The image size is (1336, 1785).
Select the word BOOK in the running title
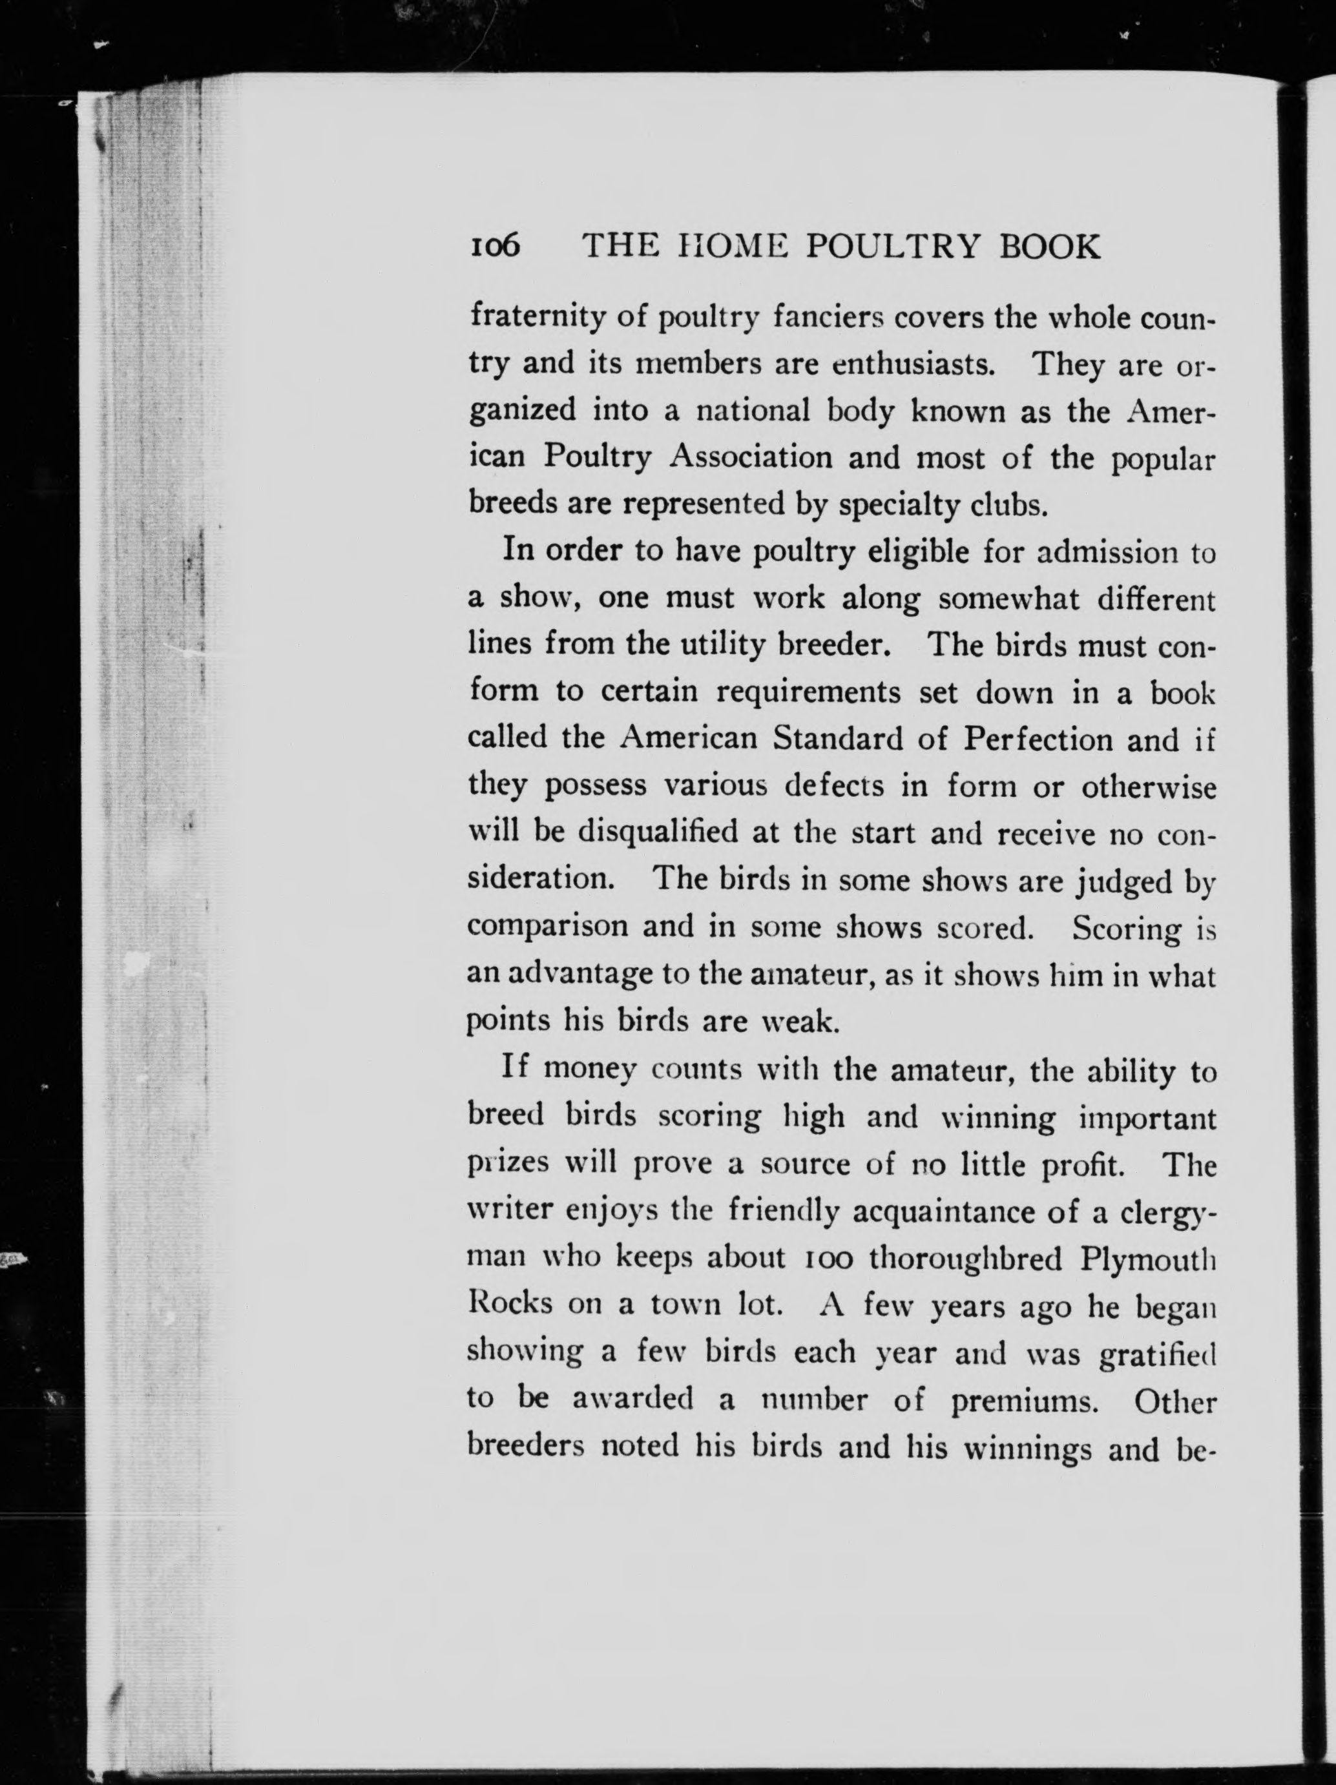point(1049,246)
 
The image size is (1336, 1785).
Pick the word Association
point(750,457)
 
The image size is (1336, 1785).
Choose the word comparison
point(547,926)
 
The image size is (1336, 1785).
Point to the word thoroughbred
point(965,1259)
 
